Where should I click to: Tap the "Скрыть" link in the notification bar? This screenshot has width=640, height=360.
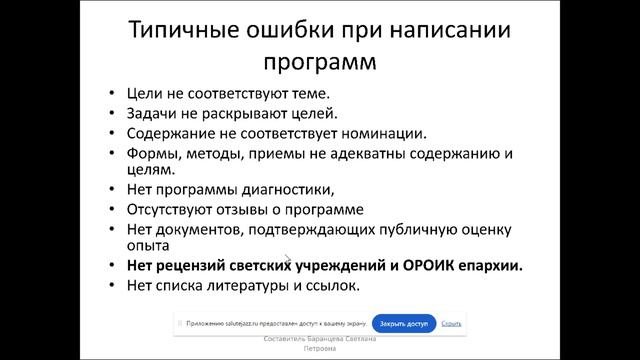[451, 324]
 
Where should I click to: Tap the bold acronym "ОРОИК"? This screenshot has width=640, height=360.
[430, 267]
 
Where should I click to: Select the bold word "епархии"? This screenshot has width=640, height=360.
[495, 267]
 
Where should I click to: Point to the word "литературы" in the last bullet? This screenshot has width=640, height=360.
[264, 287]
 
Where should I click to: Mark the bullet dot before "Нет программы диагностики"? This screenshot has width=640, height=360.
[115, 191]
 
